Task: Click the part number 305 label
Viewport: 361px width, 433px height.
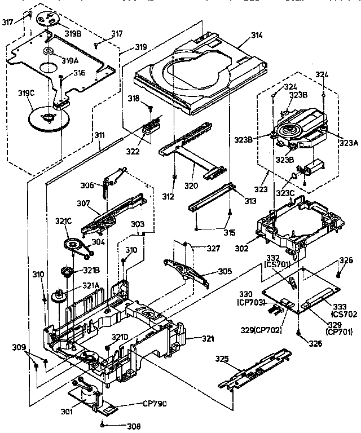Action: [209, 271]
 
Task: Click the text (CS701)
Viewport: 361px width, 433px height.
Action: [276, 263]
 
